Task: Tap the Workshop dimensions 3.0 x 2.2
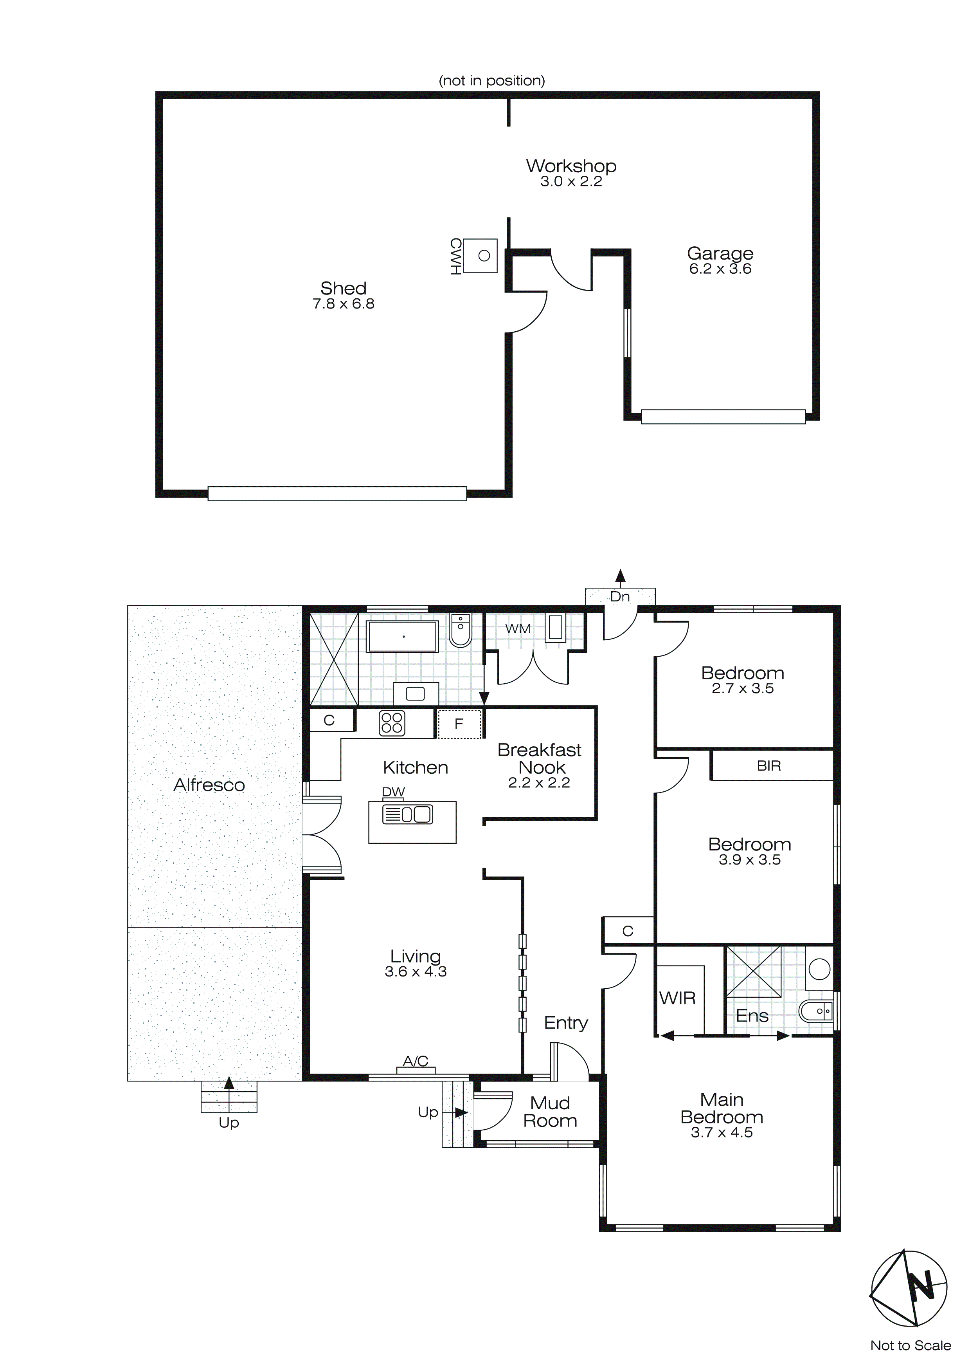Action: (x=571, y=182)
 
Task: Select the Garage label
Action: (x=720, y=253)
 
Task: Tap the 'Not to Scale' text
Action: (x=910, y=1345)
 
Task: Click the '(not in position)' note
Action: (x=491, y=81)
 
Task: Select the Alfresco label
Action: (x=209, y=785)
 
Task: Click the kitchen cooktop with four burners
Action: (x=392, y=722)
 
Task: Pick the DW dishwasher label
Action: (x=393, y=792)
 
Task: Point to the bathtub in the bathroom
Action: (x=403, y=636)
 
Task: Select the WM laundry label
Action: (x=517, y=628)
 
